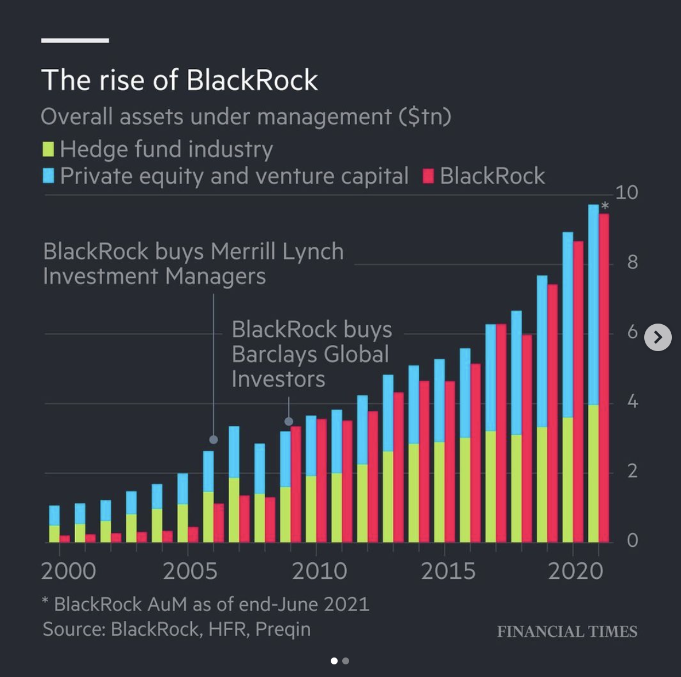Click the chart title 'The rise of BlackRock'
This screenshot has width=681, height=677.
179,80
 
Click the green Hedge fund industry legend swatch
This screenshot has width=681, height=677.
48,149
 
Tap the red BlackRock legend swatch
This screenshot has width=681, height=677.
428,176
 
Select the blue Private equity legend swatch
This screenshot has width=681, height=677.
48,176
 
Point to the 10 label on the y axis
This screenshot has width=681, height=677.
626,193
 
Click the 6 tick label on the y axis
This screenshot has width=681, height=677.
632,332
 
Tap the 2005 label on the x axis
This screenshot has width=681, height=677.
189,571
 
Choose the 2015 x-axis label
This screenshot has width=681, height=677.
448,571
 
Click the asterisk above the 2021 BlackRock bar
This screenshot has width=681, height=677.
605,206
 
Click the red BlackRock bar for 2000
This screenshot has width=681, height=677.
64,539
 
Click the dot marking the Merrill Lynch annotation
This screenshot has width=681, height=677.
214,439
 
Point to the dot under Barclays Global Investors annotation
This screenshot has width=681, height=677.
289,422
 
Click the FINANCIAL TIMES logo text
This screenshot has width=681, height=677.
567,632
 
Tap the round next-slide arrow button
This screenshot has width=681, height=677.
657,337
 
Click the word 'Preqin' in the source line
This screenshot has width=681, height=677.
283,629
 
